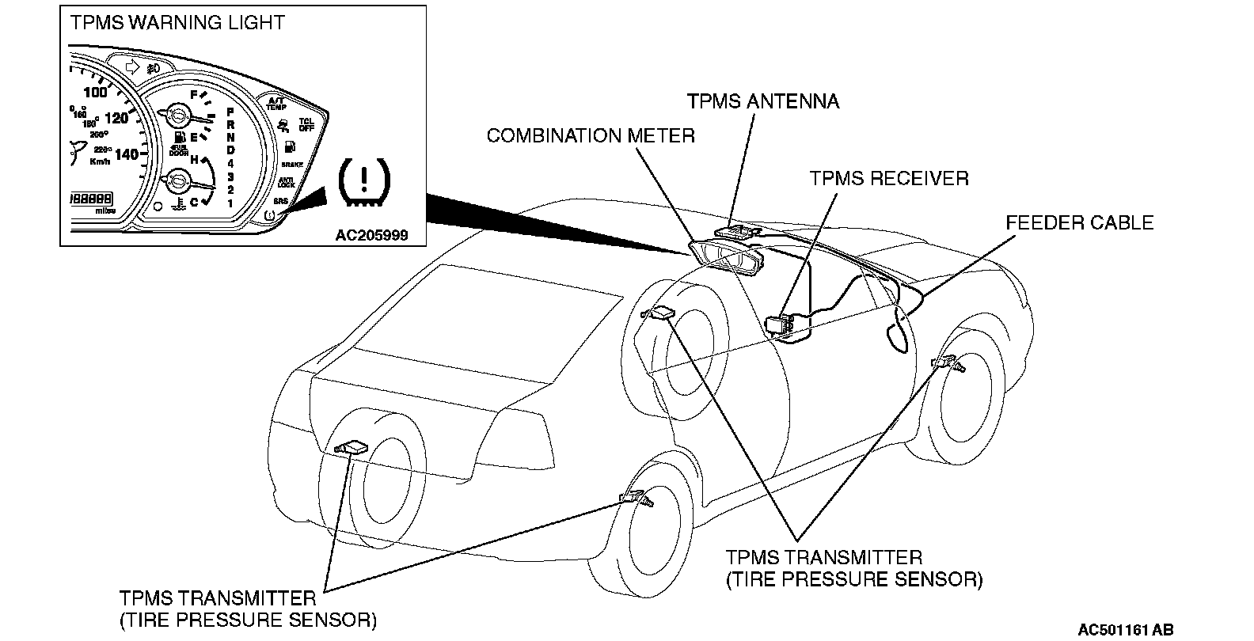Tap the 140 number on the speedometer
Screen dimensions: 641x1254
coord(126,154)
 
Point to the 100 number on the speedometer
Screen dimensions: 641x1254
coord(95,92)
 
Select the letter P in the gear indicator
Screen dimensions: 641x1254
coord(230,113)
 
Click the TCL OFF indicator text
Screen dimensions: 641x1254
coord(306,125)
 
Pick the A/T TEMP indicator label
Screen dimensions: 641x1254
coord(275,104)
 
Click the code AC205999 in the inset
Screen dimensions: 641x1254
coord(371,235)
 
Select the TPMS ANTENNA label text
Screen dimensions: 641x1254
coord(762,101)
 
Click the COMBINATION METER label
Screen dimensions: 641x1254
coord(591,136)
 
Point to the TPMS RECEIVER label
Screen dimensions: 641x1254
coord(888,178)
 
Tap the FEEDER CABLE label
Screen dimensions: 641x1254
coord(1079,223)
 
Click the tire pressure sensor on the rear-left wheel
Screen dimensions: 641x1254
coord(351,448)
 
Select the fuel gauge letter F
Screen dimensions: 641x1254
coord(193,94)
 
